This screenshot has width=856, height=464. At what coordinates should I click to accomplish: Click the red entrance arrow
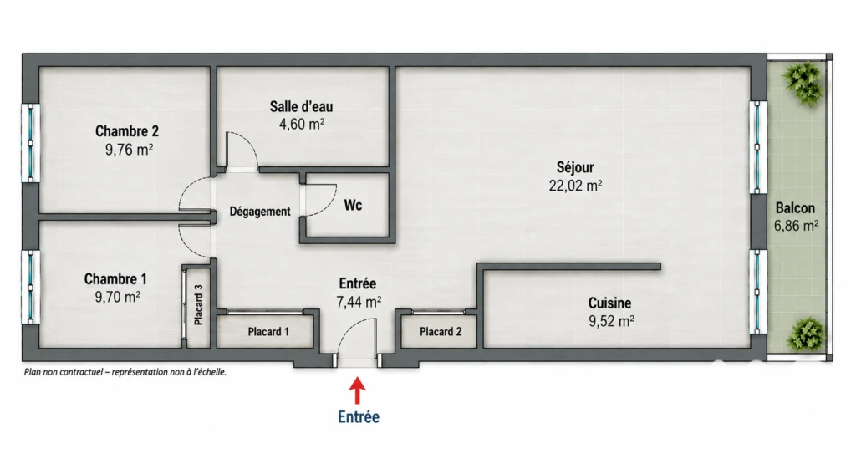click(x=358, y=391)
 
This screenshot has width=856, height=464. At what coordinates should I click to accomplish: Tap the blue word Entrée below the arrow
click(x=359, y=417)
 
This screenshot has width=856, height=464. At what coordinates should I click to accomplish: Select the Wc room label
click(x=353, y=206)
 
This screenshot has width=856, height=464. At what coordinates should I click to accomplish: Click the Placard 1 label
click(x=268, y=331)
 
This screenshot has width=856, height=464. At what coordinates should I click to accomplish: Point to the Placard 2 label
click(x=441, y=331)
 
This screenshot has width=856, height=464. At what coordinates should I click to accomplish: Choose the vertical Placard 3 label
click(x=199, y=304)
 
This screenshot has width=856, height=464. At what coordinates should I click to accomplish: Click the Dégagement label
click(x=260, y=212)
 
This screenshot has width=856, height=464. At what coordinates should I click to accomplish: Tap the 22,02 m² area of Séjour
click(x=575, y=186)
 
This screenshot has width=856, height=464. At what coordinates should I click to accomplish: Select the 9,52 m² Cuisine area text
click(x=611, y=321)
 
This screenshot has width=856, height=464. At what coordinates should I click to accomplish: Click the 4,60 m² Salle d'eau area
click(x=302, y=125)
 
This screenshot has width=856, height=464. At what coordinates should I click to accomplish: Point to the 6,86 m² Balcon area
click(x=796, y=226)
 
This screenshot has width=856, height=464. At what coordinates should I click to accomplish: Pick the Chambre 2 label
click(x=127, y=131)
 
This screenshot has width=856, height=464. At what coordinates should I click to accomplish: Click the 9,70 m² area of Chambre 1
click(x=117, y=297)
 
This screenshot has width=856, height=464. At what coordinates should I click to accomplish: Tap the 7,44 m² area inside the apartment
click(x=359, y=302)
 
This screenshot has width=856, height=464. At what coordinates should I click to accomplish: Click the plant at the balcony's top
click(x=802, y=83)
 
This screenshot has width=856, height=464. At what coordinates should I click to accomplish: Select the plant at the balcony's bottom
click(x=805, y=334)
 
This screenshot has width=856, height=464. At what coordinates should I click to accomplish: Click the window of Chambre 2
click(x=31, y=143)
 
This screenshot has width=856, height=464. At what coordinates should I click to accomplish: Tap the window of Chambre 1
click(x=31, y=287)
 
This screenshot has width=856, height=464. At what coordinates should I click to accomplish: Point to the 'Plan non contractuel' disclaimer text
click(x=125, y=372)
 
